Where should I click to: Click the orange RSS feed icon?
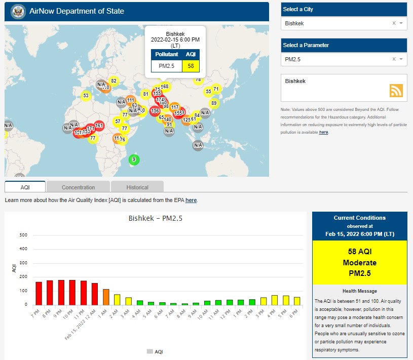click(x=396, y=90)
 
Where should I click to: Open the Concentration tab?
click(x=78, y=187)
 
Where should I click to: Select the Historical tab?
click(x=138, y=187)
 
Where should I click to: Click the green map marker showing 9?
click(x=134, y=159)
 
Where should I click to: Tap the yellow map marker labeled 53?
click(x=86, y=96)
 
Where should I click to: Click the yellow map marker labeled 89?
click(x=214, y=103)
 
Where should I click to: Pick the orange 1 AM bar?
click(x=106, y=297)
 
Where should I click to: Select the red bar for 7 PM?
click(x=39, y=293)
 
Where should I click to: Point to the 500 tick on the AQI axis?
click(x=23, y=235)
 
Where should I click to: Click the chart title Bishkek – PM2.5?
click(x=155, y=219)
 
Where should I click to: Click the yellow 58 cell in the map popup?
click(x=191, y=66)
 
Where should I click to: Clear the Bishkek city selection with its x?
click(x=394, y=23)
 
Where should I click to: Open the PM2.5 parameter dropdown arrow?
click(x=401, y=60)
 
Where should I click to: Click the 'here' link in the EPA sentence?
click(x=191, y=201)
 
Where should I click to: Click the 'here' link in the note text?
click(x=323, y=132)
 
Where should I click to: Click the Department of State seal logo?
click(x=18, y=11)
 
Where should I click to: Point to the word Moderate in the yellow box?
click(x=359, y=263)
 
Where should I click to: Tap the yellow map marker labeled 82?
click(x=114, y=81)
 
